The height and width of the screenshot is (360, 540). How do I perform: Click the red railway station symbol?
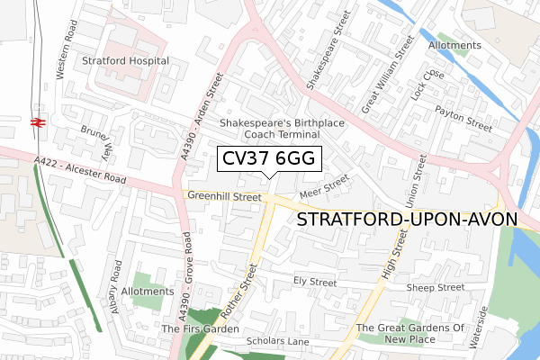coord(39,123)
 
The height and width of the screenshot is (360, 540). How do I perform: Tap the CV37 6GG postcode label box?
coord(265,159)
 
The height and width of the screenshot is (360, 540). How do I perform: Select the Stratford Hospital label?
coord(126,61)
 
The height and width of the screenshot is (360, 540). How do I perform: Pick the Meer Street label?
coord(325,186)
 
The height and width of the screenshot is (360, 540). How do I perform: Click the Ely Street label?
coord(315,282)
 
